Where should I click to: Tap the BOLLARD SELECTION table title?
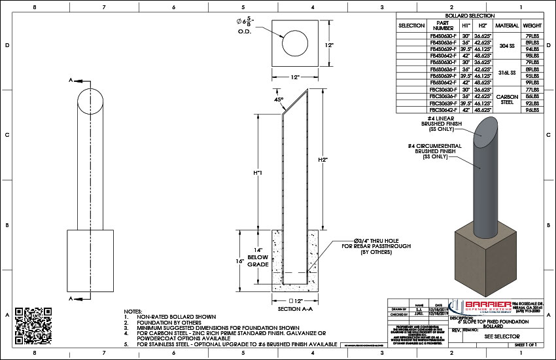coord(469,15)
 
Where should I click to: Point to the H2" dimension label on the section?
coord(322,159)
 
